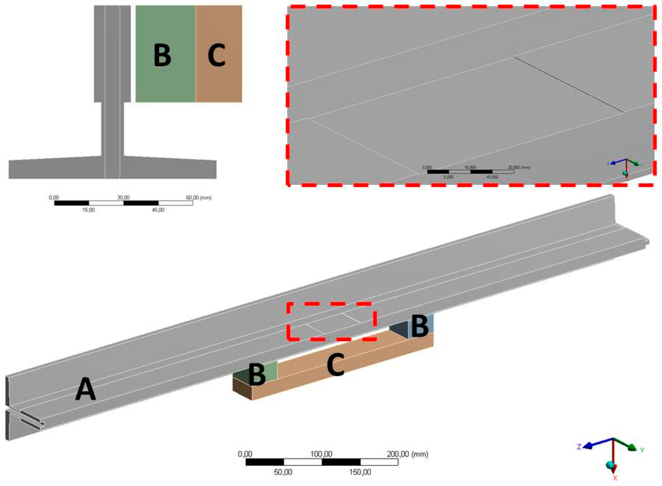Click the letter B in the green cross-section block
[x=162, y=55]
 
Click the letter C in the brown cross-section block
[x=216, y=55]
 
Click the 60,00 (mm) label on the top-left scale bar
[x=199, y=197]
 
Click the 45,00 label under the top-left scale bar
[x=158, y=210]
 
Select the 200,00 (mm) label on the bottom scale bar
[x=407, y=454]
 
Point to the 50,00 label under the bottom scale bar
[x=283, y=472]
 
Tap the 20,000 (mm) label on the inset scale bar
[x=519, y=167]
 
